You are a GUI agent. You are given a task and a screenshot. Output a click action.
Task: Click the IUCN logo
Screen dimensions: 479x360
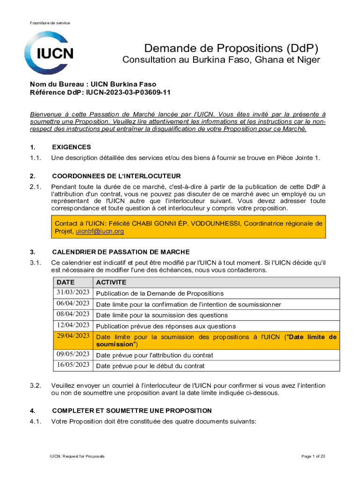pyautogui.click(x=50, y=53)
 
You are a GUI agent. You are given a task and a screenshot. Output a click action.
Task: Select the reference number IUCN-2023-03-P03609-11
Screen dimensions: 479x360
pyautogui.click(x=128, y=92)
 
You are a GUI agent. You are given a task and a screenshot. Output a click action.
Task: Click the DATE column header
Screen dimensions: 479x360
pyautogui.click(x=65, y=283)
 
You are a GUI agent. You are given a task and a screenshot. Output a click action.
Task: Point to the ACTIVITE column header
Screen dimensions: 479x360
pyautogui.click(x=111, y=283)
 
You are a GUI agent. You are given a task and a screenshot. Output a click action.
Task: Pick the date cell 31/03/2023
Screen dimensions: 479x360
pyautogui.click(x=73, y=293)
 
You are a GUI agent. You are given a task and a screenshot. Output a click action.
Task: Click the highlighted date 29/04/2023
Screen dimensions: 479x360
pyautogui.click(x=73, y=336)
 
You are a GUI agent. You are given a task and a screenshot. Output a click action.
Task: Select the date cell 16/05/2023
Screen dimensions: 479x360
pyautogui.click(x=73, y=365)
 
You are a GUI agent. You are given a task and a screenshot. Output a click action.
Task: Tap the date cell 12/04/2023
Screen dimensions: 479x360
pyautogui.click(x=73, y=325)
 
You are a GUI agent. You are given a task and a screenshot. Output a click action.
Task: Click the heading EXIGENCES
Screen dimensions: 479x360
pyautogui.click(x=72, y=147)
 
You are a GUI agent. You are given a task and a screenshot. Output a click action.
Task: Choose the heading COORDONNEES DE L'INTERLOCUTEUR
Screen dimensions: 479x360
pyautogui.click(x=116, y=176)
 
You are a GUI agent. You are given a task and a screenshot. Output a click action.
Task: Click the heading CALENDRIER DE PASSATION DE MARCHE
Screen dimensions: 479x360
pyautogui.click(x=121, y=252)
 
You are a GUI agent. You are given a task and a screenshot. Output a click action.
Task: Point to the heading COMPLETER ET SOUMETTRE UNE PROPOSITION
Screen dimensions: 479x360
pyautogui.click(x=132, y=411)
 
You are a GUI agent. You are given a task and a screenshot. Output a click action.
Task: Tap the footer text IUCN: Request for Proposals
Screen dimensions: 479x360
pyautogui.click(x=78, y=456)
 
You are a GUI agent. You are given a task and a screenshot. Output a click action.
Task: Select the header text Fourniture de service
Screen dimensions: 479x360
pyautogui.click(x=50, y=23)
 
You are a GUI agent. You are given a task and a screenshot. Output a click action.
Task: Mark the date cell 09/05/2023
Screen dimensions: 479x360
pyautogui.click(x=73, y=355)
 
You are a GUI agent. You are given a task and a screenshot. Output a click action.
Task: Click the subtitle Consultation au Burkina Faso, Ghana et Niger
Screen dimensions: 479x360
pyautogui.click(x=221, y=60)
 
